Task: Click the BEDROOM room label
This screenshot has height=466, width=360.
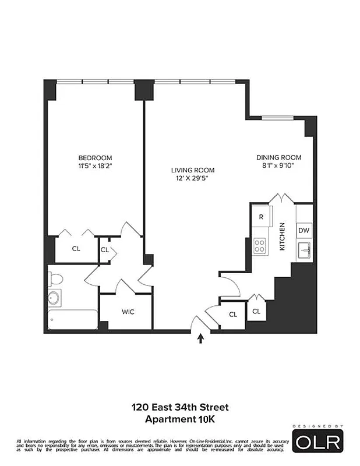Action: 95,158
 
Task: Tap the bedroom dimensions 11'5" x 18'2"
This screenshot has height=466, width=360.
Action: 95,165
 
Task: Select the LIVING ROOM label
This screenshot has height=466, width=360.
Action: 192,170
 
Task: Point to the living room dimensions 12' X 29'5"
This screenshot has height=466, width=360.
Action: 192,178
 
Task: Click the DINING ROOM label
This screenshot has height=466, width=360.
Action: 278,157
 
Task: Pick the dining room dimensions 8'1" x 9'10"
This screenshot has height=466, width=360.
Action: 278,165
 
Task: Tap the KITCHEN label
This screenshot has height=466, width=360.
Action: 282,236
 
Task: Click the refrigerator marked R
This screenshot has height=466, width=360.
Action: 262,216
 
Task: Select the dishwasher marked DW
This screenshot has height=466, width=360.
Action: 303,230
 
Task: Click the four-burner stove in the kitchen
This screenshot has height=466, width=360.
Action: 260,246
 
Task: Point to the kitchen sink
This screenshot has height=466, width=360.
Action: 303,251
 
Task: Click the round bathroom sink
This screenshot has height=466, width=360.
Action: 54,298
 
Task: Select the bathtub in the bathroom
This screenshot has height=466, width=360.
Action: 72,319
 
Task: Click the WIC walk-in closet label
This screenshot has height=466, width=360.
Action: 128,312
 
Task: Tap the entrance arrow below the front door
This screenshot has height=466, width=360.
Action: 201,338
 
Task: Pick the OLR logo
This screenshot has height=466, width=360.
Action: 317,442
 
